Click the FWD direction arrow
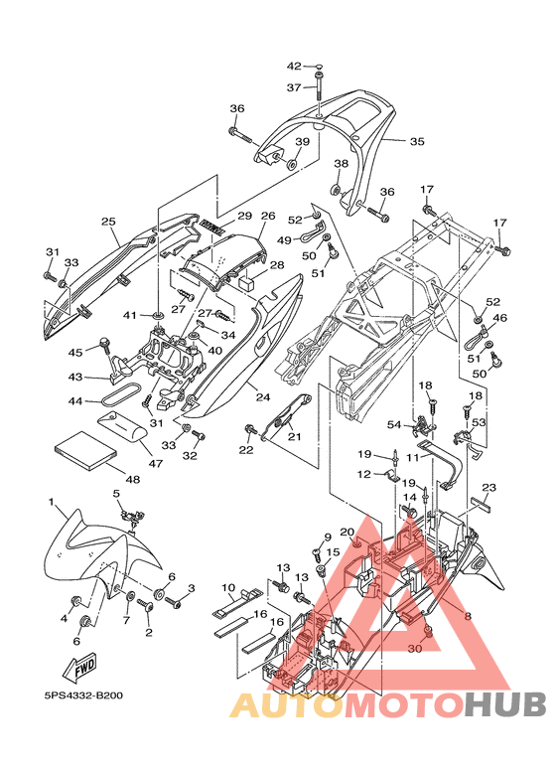(x=80, y=668)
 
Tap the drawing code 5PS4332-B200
(x=83, y=695)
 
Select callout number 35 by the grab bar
(x=417, y=141)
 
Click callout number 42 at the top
(x=294, y=67)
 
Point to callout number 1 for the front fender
(x=51, y=502)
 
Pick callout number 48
(x=133, y=479)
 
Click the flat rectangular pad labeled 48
(x=86, y=450)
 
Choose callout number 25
(x=108, y=222)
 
